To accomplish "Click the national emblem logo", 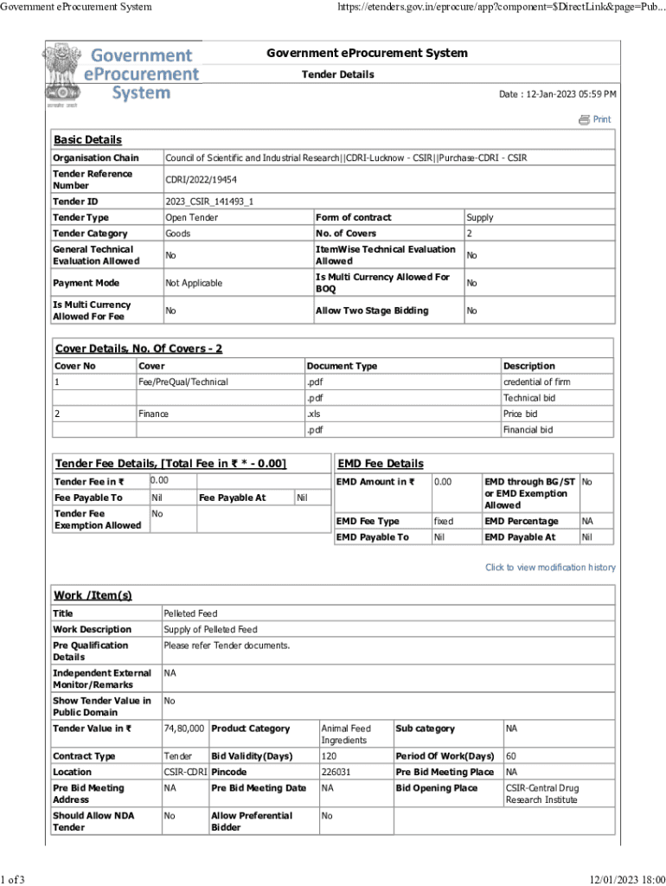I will click(x=61, y=76).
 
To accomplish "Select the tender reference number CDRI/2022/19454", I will click(x=201, y=180).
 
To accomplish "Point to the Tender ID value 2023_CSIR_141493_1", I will click(x=209, y=202).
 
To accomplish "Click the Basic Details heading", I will click(x=87, y=140).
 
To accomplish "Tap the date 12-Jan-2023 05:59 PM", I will click(x=558, y=93).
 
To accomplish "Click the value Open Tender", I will click(x=192, y=218).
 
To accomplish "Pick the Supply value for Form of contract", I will click(x=479, y=218).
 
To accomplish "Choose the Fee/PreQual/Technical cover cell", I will click(x=184, y=382).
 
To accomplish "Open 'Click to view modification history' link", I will click(x=550, y=568).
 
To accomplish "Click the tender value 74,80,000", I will click(x=184, y=729).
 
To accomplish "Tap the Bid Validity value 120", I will click(x=328, y=756).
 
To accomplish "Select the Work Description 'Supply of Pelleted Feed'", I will click(x=210, y=630).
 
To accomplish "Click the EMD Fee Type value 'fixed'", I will click(x=444, y=522).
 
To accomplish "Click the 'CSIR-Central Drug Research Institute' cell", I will click(x=542, y=793).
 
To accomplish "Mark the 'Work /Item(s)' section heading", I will click(x=93, y=595).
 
